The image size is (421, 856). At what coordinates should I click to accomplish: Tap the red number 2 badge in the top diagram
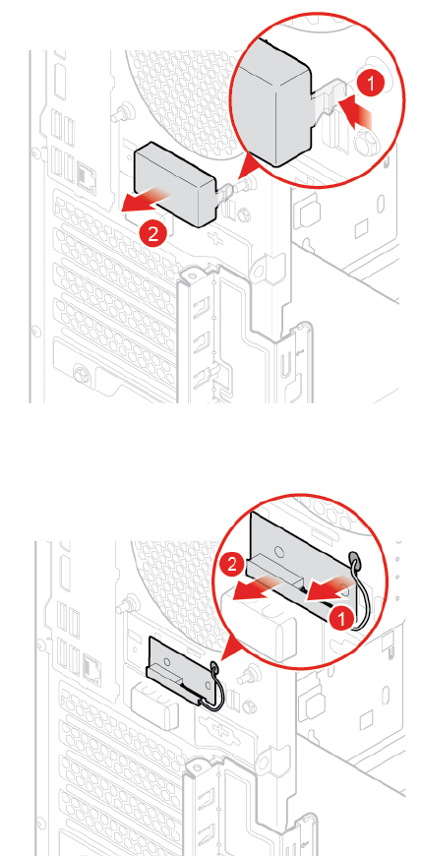[153, 234]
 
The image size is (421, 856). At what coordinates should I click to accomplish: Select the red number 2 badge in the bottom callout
[232, 564]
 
